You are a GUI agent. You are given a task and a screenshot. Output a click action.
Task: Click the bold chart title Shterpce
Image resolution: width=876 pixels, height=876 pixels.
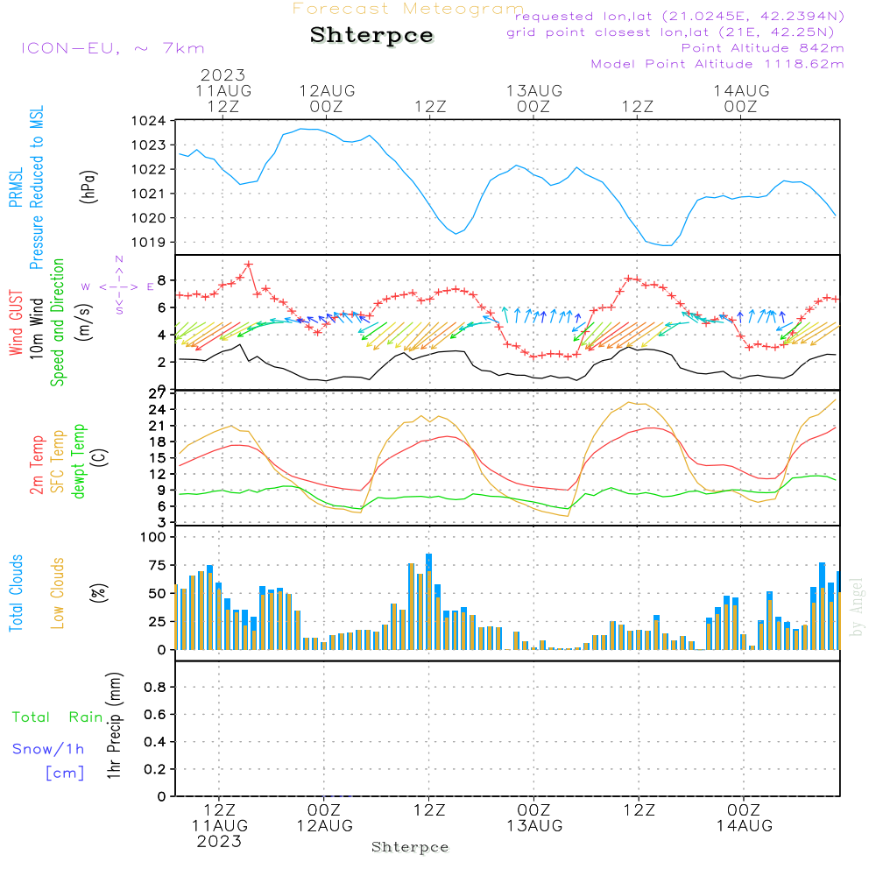click(x=371, y=36)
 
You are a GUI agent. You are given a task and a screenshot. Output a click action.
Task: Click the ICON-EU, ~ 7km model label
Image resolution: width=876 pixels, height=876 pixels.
click(x=112, y=48)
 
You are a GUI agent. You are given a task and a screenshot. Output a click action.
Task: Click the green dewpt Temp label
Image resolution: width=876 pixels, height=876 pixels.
click(x=80, y=462)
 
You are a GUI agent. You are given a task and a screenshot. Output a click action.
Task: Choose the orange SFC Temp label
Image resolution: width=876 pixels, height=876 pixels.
click(x=58, y=462)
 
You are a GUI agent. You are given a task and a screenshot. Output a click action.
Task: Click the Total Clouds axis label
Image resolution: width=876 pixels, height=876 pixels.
click(x=16, y=593)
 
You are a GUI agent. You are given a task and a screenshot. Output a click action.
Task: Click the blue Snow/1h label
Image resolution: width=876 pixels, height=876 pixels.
click(x=48, y=749)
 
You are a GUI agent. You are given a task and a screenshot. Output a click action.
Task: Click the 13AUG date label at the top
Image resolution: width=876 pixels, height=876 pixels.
click(x=533, y=91)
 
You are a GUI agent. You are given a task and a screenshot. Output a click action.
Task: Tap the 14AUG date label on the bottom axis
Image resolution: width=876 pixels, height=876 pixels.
click(x=744, y=825)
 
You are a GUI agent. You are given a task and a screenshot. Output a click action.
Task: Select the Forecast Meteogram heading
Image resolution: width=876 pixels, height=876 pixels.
click(x=408, y=9)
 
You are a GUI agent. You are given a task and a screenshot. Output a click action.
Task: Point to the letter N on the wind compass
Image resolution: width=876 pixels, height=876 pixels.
click(x=119, y=259)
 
